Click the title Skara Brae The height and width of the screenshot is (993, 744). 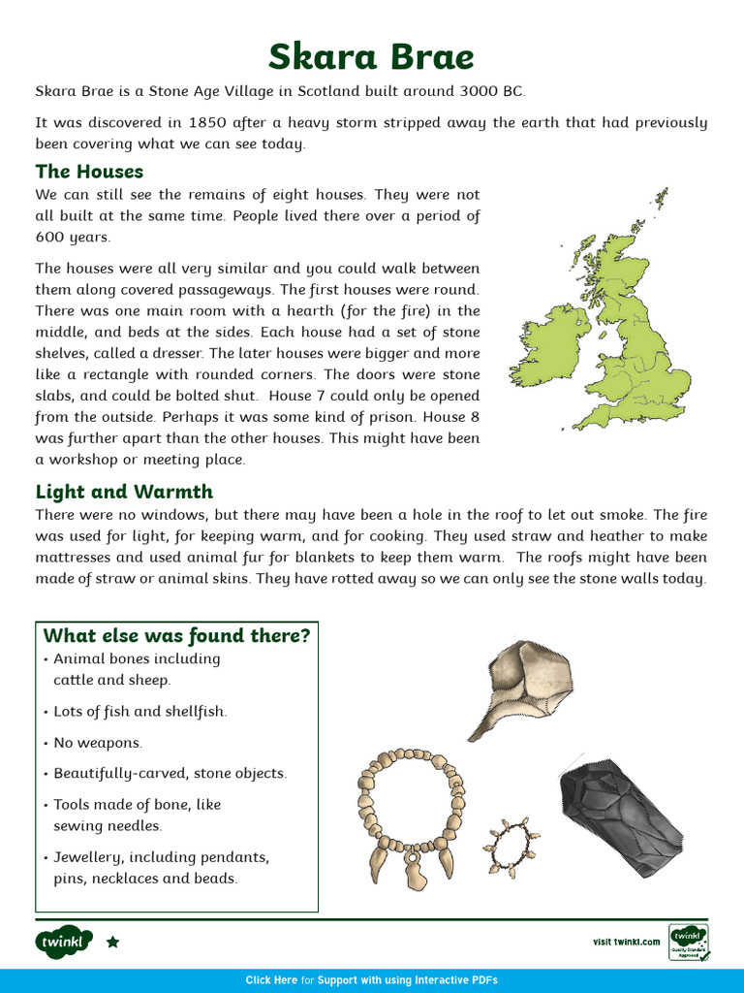[371, 57]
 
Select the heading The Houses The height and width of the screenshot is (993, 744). [89, 172]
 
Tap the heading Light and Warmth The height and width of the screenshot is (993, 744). [124, 492]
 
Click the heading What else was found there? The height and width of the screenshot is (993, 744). [176, 635]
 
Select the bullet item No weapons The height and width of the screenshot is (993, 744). [98, 743]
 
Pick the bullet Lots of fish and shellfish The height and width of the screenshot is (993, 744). [139, 712]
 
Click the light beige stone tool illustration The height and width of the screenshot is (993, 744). [524, 684]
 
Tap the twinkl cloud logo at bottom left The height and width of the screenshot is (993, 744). [64, 942]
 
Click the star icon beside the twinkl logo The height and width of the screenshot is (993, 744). [112, 942]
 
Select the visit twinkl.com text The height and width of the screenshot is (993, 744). [626, 942]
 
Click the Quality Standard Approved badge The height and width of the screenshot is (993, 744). [688, 943]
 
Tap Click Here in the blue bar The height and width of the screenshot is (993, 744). [271, 980]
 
